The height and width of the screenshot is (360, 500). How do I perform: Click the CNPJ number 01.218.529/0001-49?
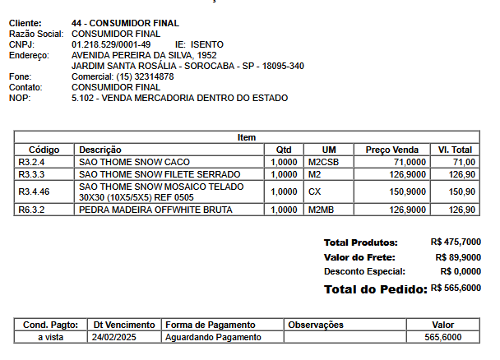111,44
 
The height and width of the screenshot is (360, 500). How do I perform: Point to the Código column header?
44,150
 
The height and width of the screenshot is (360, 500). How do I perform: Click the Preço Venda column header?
392,150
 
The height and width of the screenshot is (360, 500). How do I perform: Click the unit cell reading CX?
315,192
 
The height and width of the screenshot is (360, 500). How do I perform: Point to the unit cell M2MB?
321,210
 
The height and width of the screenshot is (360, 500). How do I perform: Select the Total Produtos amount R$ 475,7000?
456,243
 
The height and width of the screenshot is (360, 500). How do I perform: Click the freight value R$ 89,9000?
458,257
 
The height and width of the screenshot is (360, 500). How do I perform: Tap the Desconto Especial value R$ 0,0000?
461,271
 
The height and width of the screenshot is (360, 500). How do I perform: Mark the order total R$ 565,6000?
456,288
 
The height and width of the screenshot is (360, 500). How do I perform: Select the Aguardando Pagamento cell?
213,338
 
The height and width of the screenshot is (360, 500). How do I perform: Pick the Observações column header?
315,325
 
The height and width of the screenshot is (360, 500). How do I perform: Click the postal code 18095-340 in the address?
280,66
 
